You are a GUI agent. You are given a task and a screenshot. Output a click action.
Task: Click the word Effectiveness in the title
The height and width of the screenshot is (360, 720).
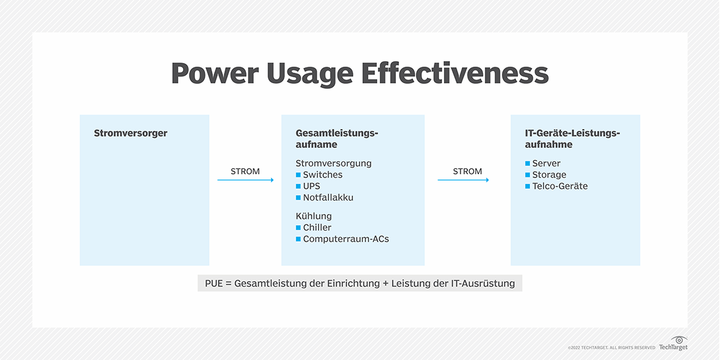click(455, 74)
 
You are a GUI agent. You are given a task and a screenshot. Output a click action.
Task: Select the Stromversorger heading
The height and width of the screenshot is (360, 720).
click(130, 133)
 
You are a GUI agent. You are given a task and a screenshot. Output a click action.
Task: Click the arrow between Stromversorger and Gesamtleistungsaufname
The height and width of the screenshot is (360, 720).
click(245, 180)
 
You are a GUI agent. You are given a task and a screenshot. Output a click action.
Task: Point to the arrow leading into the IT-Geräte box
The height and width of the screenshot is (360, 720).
click(463, 180)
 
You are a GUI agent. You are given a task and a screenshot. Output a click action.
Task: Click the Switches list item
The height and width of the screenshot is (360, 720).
click(323, 175)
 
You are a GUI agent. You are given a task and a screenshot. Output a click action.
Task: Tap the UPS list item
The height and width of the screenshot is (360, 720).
click(312, 186)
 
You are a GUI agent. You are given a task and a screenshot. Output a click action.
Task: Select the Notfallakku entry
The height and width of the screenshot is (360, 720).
click(328, 197)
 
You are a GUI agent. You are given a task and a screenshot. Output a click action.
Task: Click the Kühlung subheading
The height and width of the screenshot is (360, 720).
click(314, 216)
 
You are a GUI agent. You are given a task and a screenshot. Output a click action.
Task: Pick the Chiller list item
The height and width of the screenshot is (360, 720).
click(317, 227)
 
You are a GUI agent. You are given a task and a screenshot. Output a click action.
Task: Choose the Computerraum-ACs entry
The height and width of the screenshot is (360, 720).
click(346, 239)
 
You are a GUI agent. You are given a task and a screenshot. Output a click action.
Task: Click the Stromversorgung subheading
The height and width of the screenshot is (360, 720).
click(334, 163)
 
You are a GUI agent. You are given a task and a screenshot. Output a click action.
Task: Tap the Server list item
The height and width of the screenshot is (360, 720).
click(546, 163)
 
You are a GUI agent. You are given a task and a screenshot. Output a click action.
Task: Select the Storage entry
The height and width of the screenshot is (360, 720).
click(549, 175)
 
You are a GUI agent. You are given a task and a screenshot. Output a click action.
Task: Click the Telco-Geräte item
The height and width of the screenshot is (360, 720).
click(560, 186)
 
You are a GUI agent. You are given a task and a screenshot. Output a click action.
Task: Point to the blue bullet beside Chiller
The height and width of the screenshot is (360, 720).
click(298, 227)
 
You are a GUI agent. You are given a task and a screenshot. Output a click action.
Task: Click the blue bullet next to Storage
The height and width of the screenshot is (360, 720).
click(527, 175)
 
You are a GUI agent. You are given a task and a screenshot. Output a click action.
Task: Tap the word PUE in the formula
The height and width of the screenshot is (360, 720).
click(214, 283)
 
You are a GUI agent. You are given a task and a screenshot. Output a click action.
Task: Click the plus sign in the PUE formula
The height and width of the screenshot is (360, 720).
click(385, 283)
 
